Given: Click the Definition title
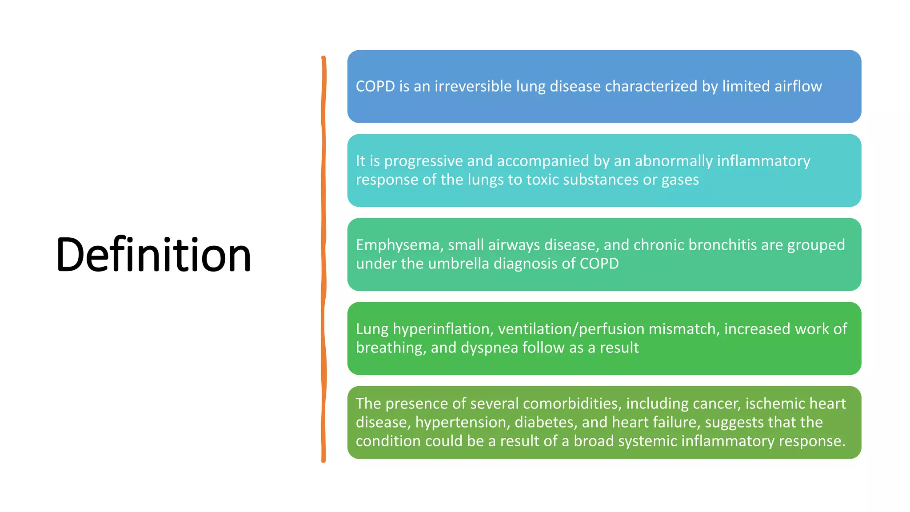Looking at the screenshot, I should [153, 255].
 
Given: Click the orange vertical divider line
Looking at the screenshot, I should [323, 258].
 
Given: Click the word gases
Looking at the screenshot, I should [680, 180].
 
